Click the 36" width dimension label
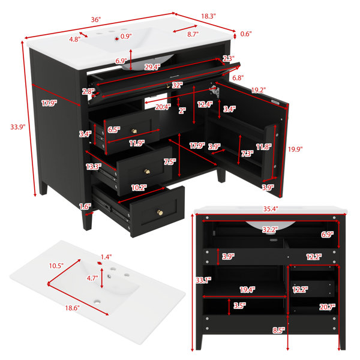click(x=96, y=20)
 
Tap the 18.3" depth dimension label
click(x=208, y=16)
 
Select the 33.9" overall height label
click(x=17, y=127)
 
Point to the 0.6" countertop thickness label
click(x=246, y=34)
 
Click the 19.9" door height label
click(x=295, y=149)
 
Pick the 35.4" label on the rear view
click(x=271, y=209)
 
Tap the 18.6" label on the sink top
click(x=73, y=308)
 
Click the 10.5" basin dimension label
click(x=56, y=266)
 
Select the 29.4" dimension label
click(x=152, y=67)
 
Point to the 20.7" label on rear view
click(x=328, y=307)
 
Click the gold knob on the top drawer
click(x=134, y=131)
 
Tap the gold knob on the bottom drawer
click(x=160, y=212)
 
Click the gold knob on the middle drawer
click(x=147, y=171)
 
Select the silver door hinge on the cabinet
click(x=214, y=91)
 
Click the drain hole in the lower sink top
click(x=98, y=302)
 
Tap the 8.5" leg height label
click(x=279, y=330)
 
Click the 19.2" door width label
click(x=259, y=90)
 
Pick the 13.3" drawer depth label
click(x=94, y=167)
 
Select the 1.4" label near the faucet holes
click(x=106, y=257)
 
